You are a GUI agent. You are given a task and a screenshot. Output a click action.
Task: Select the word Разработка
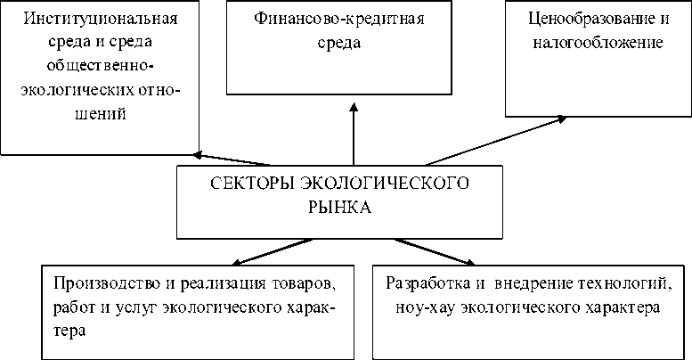click(x=421, y=284)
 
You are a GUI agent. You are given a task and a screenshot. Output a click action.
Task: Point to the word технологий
click(x=626, y=284)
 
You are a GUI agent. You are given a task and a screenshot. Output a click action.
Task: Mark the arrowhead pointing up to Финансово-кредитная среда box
click(x=354, y=108)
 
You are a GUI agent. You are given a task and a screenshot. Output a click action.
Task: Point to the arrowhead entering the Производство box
click(x=232, y=263)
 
